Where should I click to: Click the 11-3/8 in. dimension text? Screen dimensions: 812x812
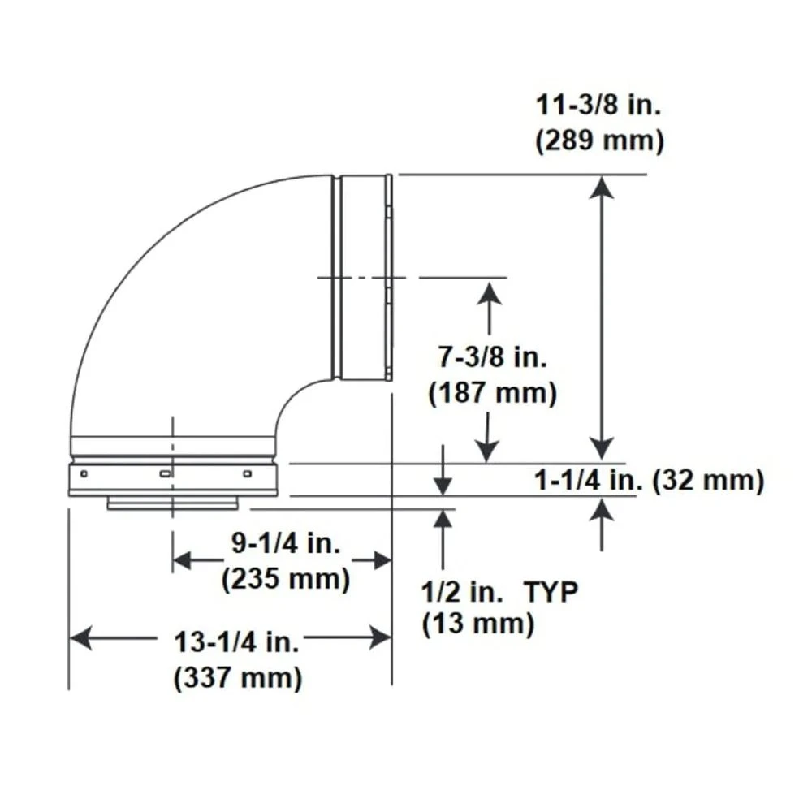tap(598, 106)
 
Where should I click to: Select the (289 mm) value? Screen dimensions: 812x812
tap(599, 140)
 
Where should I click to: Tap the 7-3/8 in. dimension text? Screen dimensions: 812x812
tap(492, 358)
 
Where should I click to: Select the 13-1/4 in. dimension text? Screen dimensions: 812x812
tap(237, 642)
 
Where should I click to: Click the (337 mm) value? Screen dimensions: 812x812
tap(238, 677)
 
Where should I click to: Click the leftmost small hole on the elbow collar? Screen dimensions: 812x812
tap(84, 473)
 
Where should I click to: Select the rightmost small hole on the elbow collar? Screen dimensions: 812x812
tap(248, 473)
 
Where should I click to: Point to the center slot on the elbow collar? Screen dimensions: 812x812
tap(165, 473)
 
